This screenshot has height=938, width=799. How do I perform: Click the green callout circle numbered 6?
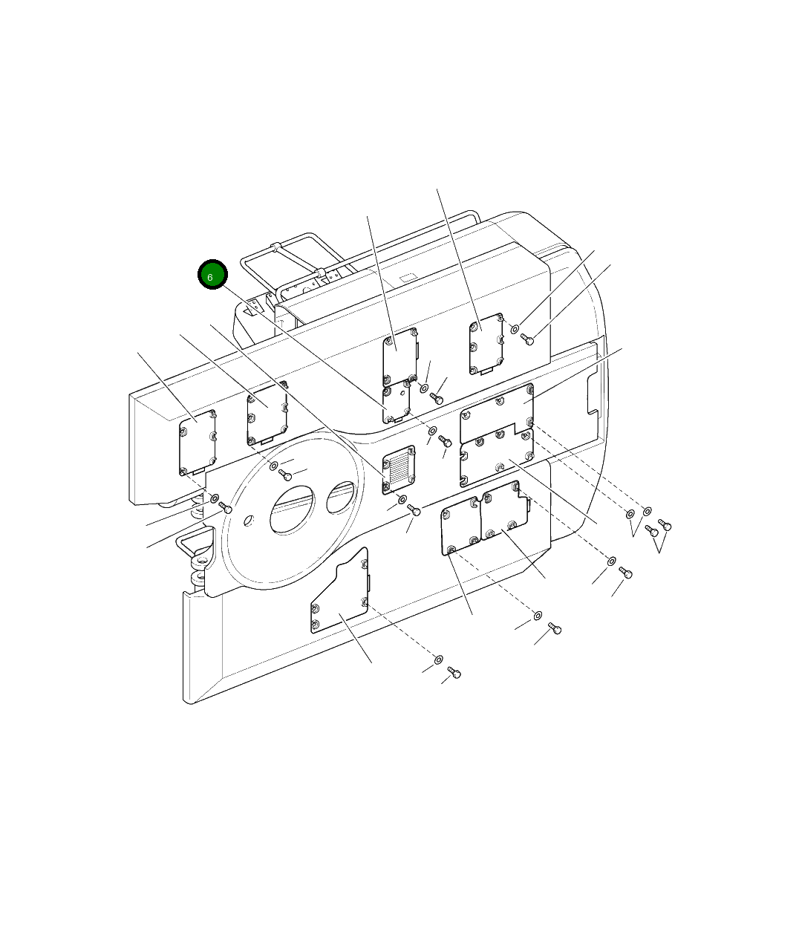tap(212, 275)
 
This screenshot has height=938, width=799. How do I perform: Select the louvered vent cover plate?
tap(399, 469)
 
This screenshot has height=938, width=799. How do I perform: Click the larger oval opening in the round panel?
tap(292, 509)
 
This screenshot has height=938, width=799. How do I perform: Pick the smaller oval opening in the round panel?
tap(341, 498)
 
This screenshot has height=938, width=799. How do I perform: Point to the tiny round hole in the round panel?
tap(249, 521)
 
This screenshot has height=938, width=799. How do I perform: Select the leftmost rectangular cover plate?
tap(198, 443)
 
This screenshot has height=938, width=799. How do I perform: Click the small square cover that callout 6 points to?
tap(396, 402)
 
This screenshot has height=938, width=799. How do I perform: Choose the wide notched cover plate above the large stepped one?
tap(497, 412)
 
